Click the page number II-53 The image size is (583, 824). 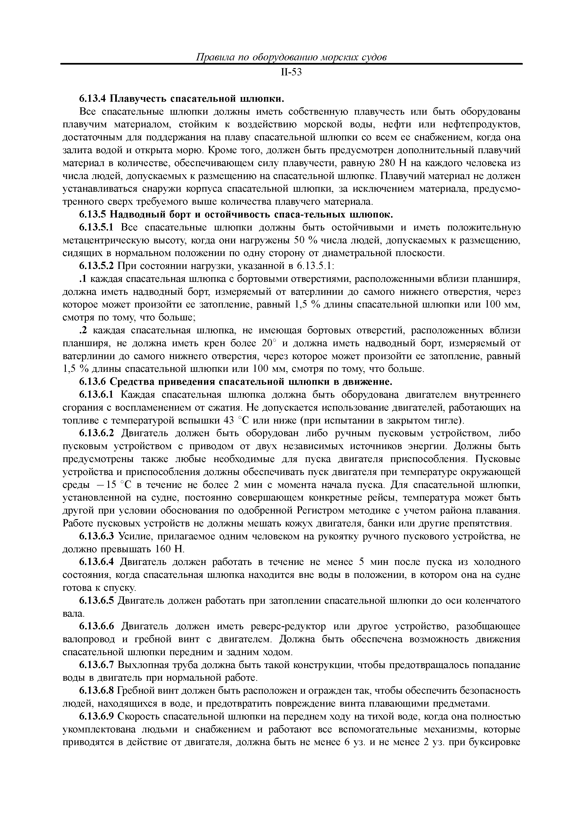coord(291,73)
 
